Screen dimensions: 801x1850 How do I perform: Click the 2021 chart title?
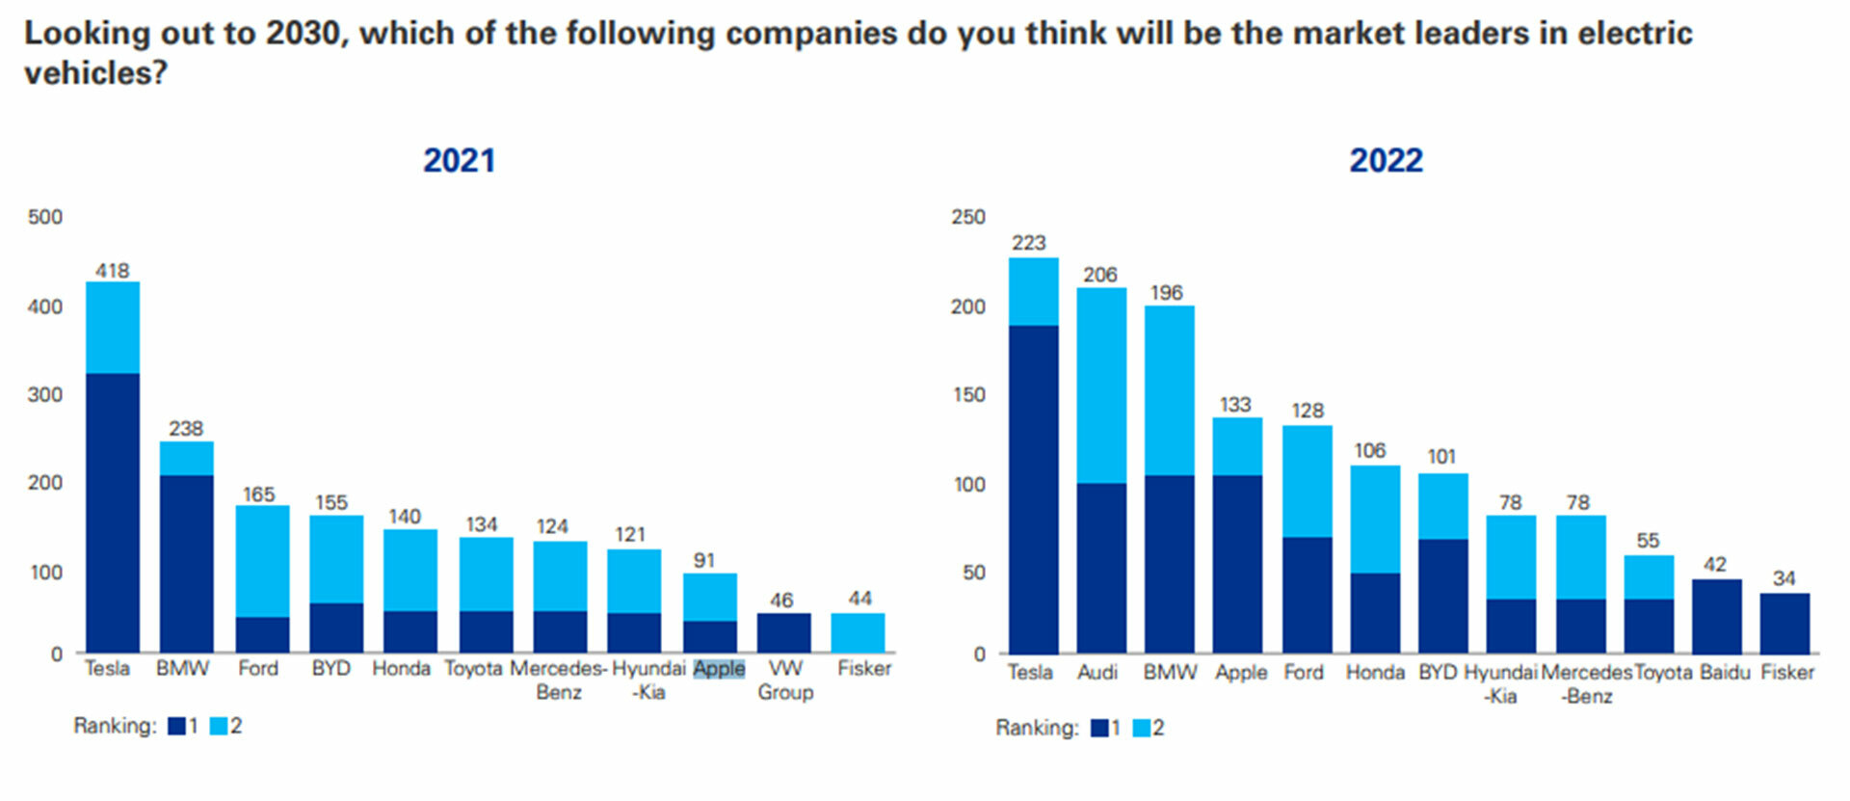pyautogui.click(x=459, y=160)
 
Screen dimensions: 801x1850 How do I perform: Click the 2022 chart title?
pyautogui.click(x=1386, y=160)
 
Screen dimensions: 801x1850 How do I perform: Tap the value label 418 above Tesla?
pyautogui.click(x=112, y=271)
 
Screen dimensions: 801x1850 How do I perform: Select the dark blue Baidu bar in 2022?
pyautogui.click(x=1716, y=616)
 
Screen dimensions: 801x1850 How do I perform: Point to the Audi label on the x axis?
pyautogui.click(x=1097, y=672)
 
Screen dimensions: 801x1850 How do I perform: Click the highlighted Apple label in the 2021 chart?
pyautogui.click(x=719, y=668)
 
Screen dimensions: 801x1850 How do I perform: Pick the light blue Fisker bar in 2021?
pyautogui.click(x=858, y=632)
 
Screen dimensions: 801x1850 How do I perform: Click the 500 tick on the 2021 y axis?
pyautogui.click(x=45, y=217)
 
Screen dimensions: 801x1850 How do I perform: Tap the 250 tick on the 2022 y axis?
pyautogui.click(x=967, y=217)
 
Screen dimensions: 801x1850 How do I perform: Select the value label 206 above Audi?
pyautogui.click(x=1099, y=275)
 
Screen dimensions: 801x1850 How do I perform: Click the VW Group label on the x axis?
pyautogui.click(x=785, y=680)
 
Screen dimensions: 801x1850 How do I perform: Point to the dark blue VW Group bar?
pyautogui.click(x=783, y=632)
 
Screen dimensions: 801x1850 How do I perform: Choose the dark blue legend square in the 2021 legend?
pyautogui.click(x=176, y=726)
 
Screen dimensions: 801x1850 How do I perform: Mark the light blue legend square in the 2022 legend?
pyautogui.click(x=1141, y=728)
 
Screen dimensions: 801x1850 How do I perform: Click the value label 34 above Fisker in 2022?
pyautogui.click(x=1784, y=578)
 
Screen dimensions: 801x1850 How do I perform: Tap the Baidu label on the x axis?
pyautogui.click(x=1724, y=672)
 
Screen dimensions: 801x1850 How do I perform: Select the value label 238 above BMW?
pyautogui.click(x=186, y=428)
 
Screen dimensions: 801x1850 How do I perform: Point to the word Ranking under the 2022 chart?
pyautogui.click(x=1037, y=728)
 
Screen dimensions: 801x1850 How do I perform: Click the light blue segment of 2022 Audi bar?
pyautogui.click(x=1101, y=385)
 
